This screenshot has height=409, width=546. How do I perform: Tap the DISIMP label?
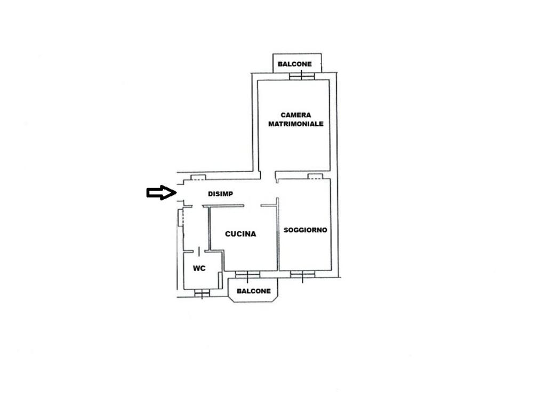(220, 194)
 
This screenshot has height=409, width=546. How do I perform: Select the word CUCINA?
(240, 234)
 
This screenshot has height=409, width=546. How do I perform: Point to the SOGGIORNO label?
(305, 230)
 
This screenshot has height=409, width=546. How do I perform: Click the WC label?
(199, 268)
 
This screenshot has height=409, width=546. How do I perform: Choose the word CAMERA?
(296, 115)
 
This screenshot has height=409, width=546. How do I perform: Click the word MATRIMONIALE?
(296, 124)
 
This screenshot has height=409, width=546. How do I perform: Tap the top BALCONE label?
(295, 64)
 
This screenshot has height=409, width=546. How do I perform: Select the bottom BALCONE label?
(254, 291)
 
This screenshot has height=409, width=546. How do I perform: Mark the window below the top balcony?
(302, 76)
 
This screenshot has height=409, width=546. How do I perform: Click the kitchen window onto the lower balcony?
(248, 274)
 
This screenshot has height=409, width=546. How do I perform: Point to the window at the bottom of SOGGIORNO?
(303, 274)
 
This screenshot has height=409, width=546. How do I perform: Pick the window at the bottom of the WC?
(202, 292)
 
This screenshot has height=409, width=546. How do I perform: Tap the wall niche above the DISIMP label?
(198, 177)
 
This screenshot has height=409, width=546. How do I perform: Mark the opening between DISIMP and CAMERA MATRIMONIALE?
(268, 175)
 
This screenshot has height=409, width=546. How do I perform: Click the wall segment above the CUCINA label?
(226, 206)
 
